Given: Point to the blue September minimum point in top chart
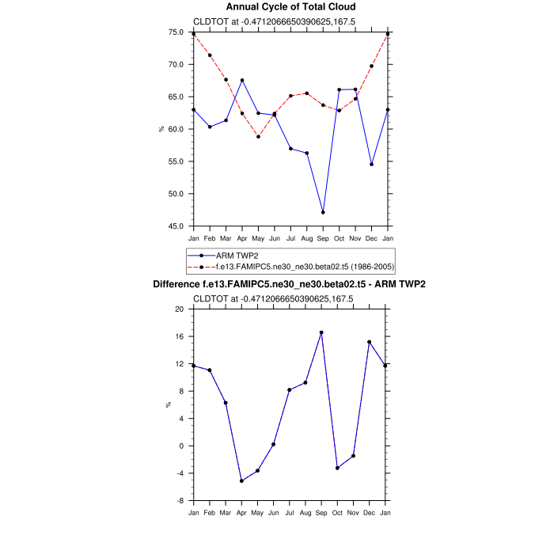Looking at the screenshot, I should [x=323, y=212].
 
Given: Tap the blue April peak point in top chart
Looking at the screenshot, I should [x=241, y=81].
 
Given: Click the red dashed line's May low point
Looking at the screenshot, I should [x=258, y=137].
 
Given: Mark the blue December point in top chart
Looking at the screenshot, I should [x=371, y=164].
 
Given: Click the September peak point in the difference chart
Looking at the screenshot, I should [x=321, y=332].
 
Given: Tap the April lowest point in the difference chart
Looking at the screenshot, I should [x=241, y=480].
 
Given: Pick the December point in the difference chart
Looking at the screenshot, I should [x=370, y=342].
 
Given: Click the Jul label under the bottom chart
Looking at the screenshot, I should [x=290, y=512].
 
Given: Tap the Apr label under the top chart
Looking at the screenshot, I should [x=241, y=237].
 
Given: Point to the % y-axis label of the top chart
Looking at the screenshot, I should [x=162, y=129].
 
